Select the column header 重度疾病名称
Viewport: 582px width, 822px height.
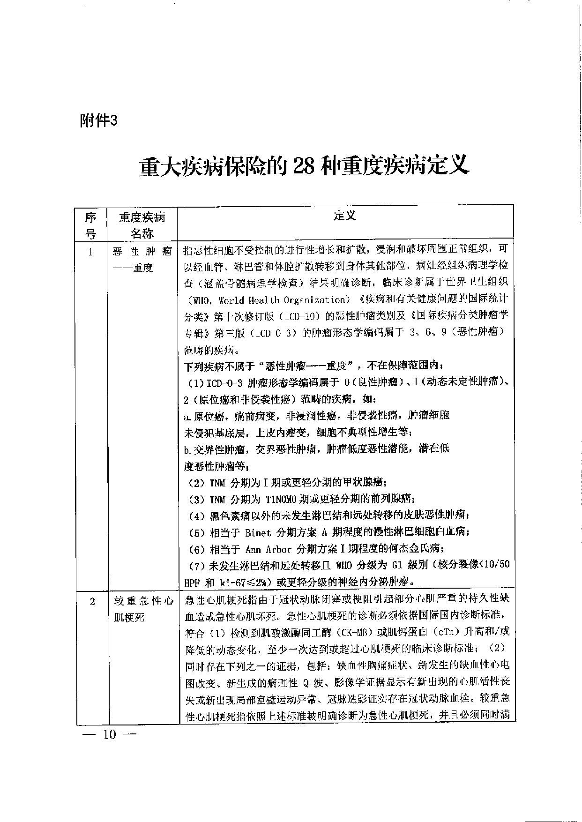click(x=142, y=225)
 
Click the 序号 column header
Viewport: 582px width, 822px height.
click(x=91, y=225)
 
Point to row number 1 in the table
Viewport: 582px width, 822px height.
click(x=91, y=252)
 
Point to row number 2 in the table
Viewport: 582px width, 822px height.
click(x=92, y=601)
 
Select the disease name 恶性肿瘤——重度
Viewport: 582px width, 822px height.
click(x=142, y=260)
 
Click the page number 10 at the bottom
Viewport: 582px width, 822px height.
click(x=109, y=734)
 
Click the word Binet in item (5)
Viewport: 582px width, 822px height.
click(x=258, y=532)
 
